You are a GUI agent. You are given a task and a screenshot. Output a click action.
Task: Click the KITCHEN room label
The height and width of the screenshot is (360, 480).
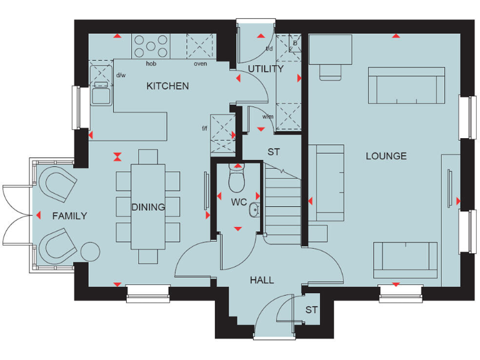click(167, 86)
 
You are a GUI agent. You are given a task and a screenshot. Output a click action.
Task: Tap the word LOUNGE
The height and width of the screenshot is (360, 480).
click(386, 156)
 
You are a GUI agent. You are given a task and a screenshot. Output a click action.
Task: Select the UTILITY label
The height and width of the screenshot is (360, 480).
click(266, 69)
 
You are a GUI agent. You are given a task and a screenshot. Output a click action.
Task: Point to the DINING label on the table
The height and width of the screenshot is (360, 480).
click(148, 207)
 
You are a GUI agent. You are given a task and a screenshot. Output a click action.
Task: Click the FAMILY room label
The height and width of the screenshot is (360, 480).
click(69, 216)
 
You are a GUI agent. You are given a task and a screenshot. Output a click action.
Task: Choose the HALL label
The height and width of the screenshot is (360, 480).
click(262, 280)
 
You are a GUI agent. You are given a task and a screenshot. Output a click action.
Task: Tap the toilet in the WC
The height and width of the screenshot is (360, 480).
click(236, 177)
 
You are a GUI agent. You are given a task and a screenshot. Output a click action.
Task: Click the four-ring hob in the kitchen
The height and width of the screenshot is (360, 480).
click(151, 46)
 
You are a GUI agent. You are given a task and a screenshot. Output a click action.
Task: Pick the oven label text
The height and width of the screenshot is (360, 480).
click(201, 64)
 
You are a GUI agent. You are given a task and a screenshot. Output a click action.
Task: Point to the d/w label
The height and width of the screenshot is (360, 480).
click(121, 76)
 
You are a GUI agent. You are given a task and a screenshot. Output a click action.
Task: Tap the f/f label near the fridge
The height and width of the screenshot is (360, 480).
click(204, 129)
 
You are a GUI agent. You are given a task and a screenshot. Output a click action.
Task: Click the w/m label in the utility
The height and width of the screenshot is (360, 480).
click(267, 116)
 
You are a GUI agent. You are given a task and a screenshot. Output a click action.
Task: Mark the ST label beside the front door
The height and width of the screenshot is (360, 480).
click(311, 310)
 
